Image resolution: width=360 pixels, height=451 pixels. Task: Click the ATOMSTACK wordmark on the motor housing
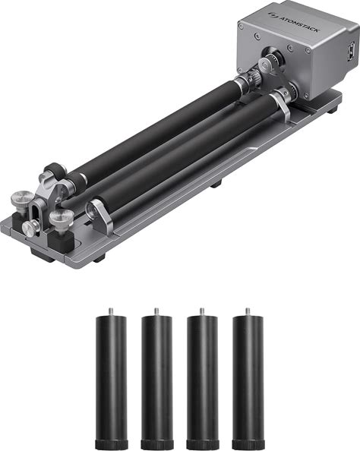298,24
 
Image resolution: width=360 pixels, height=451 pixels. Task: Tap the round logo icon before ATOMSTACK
272,14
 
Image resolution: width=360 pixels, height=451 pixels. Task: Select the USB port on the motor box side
351,52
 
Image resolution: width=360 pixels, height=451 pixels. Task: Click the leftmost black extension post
112,379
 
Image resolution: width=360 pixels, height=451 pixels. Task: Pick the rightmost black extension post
248,379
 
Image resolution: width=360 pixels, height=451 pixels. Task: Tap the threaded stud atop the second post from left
156,311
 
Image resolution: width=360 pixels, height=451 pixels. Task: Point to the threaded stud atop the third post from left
202,311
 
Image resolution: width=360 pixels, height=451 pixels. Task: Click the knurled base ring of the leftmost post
112,445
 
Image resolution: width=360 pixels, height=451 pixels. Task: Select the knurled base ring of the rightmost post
248,445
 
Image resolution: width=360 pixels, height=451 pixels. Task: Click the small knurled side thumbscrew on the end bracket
30,229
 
